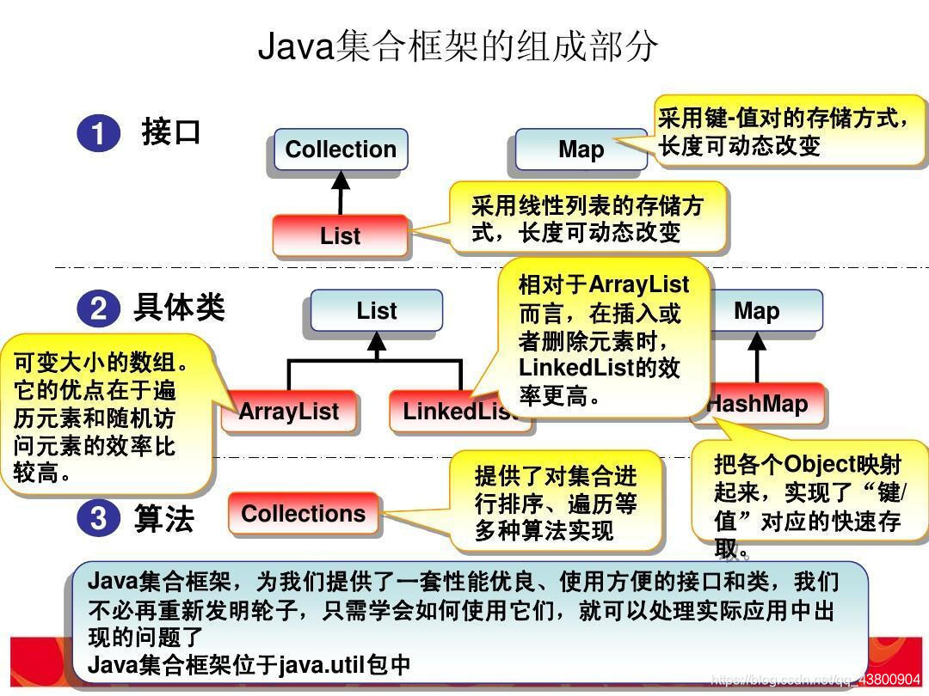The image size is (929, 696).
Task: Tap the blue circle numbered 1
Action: tap(98, 135)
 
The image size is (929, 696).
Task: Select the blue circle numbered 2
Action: tap(98, 308)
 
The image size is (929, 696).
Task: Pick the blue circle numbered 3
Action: tap(98, 517)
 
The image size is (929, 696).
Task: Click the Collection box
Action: tap(341, 150)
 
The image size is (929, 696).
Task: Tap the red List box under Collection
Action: tap(340, 235)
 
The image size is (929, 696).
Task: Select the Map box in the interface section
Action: tap(581, 150)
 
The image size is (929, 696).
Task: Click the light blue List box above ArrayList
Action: tap(377, 310)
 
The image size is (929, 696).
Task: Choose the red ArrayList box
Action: tap(289, 412)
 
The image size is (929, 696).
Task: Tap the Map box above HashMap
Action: tap(757, 310)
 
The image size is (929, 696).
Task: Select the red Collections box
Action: tap(303, 514)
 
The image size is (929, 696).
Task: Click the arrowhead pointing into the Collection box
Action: tap(341, 180)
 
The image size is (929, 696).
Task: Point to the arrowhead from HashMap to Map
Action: tap(757, 341)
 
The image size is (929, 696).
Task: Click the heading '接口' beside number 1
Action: tap(171, 132)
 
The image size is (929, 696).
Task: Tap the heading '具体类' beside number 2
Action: tap(179, 307)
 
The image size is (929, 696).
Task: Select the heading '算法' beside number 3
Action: tap(163, 518)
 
